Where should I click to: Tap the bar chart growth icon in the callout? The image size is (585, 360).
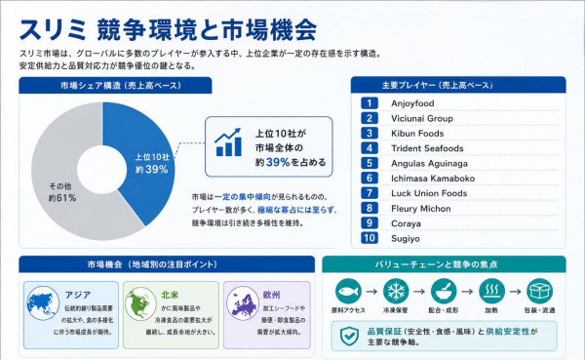coord(228,142)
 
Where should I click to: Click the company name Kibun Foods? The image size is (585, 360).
coord(417,134)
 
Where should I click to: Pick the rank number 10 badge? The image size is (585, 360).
coord(370,238)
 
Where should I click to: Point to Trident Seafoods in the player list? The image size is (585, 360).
coord(427,148)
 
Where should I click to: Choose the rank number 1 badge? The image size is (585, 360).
coord(370,103)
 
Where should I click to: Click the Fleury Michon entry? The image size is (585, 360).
coord(421,209)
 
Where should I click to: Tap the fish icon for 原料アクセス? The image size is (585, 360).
coord(348,291)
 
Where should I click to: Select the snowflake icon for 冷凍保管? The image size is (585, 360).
coord(396,291)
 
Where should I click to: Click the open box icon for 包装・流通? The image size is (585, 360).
coord(539,291)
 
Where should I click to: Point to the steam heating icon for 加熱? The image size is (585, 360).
coord(491,291)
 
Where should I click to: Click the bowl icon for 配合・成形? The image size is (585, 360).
coord(444,291)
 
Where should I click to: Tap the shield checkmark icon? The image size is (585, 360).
coord(350,337)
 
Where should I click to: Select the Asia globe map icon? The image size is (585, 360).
coord(43,302)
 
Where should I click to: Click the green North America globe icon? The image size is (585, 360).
coord(140,303)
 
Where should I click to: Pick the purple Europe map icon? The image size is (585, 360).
coord(243,302)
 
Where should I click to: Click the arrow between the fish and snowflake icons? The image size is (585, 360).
coord(371,292)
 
